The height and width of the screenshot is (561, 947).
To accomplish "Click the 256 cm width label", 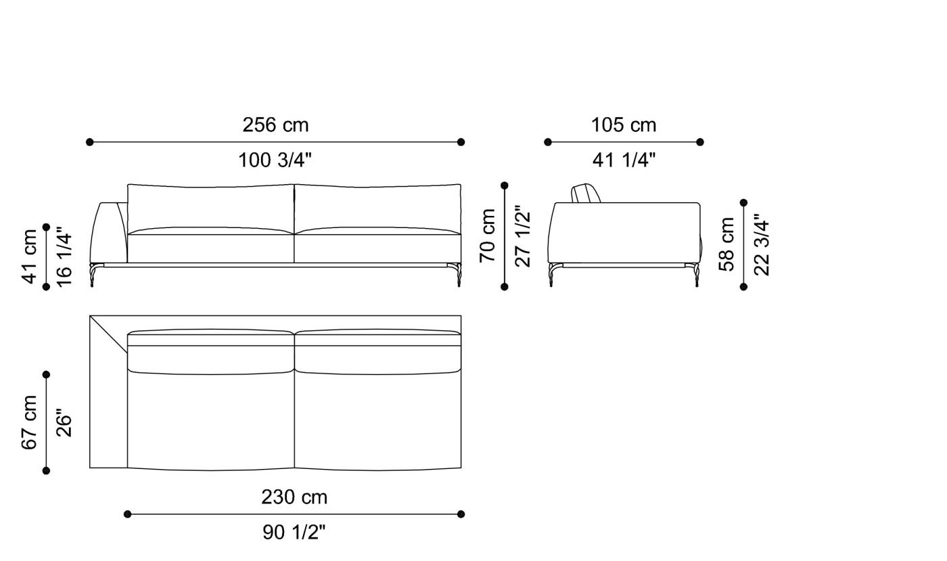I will (x=275, y=125).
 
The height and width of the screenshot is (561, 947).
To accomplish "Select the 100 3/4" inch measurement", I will (x=275, y=160).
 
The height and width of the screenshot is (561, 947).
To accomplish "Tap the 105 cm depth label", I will (x=623, y=125).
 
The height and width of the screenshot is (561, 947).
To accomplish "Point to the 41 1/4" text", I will (x=624, y=160).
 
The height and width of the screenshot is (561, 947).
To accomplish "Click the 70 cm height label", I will (x=488, y=235).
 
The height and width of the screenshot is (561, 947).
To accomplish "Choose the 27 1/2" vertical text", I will (x=523, y=235).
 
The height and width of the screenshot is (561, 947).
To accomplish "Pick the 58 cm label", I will (x=727, y=244).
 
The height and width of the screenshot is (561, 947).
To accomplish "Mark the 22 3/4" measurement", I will (x=762, y=244).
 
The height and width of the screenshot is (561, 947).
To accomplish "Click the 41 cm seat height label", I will (x=30, y=256).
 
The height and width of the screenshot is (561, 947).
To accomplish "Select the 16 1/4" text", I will (x=64, y=256).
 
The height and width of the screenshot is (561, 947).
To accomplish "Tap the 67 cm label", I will (x=30, y=422).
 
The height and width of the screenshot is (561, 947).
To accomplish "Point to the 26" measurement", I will (x=64, y=422).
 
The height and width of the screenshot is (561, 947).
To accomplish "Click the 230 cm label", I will (x=294, y=497).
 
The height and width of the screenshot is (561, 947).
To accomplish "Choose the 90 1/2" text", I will (x=294, y=533).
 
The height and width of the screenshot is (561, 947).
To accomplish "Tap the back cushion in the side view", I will (x=586, y=194).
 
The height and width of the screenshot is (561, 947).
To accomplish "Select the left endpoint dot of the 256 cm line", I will (x=90, y=142).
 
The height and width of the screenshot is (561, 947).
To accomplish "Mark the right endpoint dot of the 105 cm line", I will (x=700, y=142).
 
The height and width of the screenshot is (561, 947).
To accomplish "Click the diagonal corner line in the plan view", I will (x=109, y=334).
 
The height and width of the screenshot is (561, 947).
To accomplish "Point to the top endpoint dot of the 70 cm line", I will (x=504, y=185).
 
